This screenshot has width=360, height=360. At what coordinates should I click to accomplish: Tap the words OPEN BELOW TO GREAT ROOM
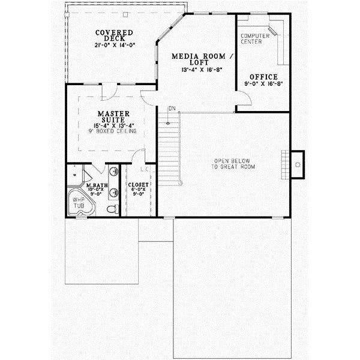(x=233, y=164)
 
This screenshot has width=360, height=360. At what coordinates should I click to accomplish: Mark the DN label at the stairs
(x=171, y=109)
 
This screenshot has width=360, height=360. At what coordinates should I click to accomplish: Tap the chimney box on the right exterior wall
(x=298, y=161)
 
